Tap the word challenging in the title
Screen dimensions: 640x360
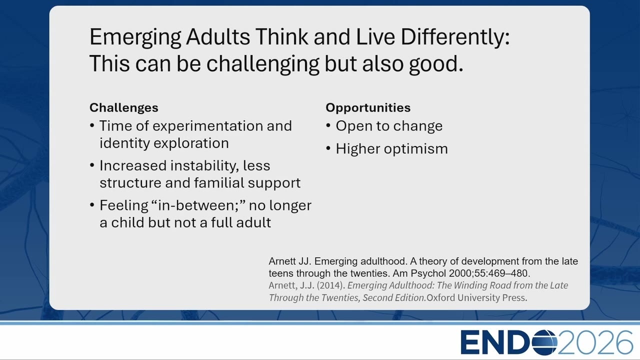[x=262, y=63]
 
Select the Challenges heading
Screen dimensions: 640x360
[x=123, y=107]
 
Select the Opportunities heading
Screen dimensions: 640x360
[x=368, y=108]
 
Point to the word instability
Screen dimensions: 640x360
[x=204, y=166]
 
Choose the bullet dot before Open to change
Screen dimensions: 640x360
[x=328, y=125]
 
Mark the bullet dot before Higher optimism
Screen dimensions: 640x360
[x=328, y=148]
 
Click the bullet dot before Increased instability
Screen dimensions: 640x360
[x=92, y=165]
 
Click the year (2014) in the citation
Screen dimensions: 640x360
[x=331, y=285]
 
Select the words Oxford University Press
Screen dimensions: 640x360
[x=477, y=297]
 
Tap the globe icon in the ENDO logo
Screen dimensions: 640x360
[x=544, y=342]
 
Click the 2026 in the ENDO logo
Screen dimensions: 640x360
[x=595, y=342]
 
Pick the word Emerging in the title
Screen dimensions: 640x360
[x=135, y=37]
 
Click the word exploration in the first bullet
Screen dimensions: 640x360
[x=191, y=143]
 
